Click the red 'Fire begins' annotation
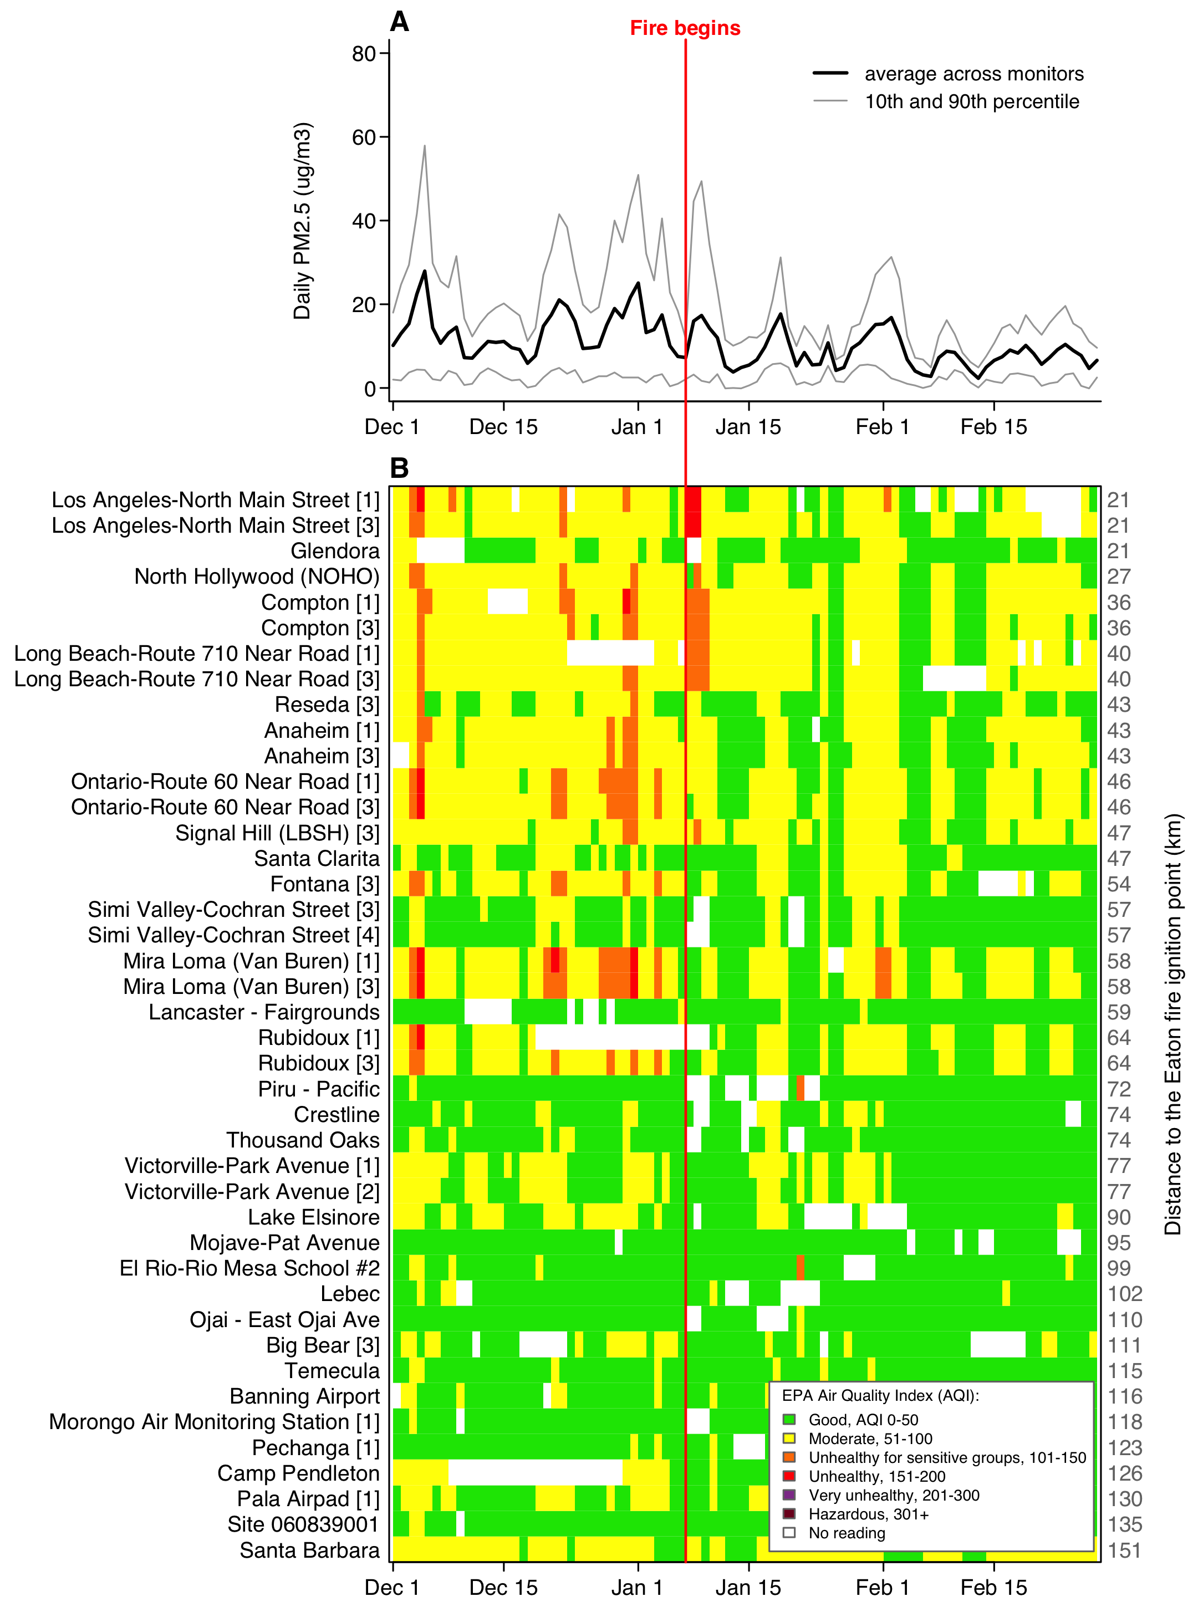(x=685, y=28)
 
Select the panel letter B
(x=400, y=468)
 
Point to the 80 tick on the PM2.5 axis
(x=364, y=54)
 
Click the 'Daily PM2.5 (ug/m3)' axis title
(x=302, y=221)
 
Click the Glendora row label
(x=335, y=551)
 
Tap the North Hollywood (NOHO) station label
(x=257, y=577)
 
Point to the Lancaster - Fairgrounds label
(x=264, y=1012)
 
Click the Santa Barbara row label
(x=310, y=1550)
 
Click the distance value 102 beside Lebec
(x=1125, y=1294)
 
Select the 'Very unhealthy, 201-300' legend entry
(x=894, y=1495)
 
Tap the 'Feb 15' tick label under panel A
(x=993, y=427)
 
